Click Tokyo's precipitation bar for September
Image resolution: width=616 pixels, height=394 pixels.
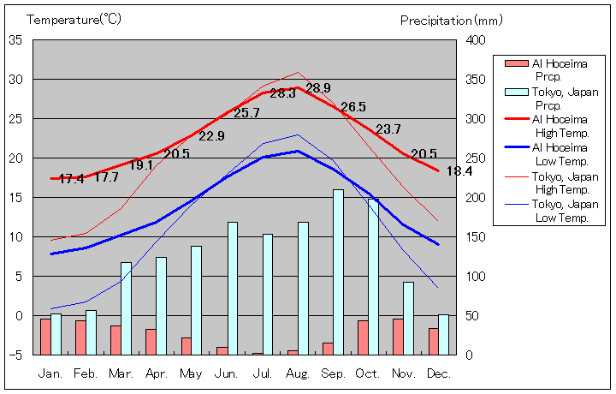click(338, 272)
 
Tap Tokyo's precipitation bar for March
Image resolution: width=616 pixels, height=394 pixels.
click(127, 308)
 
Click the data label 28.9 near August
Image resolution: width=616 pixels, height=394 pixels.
click(317, 88)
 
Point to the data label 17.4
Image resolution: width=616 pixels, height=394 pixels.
click(71, 179)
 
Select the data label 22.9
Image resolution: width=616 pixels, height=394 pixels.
click(211, 136)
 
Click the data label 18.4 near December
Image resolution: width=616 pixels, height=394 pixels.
click(459, 171)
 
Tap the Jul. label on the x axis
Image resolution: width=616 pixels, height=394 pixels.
click(263, 373)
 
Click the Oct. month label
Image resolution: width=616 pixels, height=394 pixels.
click(368, 373)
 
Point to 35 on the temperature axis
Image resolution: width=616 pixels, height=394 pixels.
click(15, 40)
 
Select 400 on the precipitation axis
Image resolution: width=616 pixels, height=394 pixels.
click(477, 40)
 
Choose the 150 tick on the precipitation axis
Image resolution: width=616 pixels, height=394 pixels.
click(477, 237)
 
